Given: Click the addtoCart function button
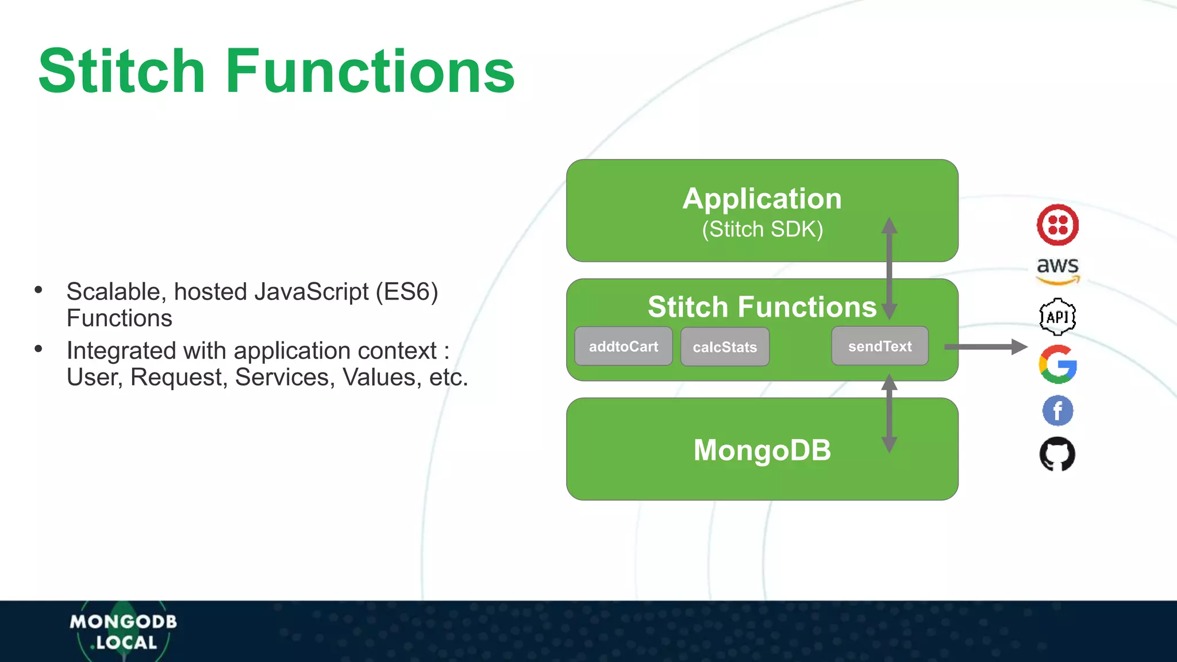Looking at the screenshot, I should coord(624,347).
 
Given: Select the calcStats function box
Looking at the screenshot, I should coord(725,347).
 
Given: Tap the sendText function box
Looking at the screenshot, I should coord(880,346).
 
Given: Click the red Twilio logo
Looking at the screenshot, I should coord(1057,225).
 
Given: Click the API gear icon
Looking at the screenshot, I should coord(1057,317).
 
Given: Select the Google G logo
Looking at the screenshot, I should coord(1057,364).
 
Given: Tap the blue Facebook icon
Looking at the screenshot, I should coord(1057,411).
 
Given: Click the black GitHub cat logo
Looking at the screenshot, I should coord(1057,454).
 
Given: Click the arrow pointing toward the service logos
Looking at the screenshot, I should coord(985,347).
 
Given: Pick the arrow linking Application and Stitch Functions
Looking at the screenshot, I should coord(889,268).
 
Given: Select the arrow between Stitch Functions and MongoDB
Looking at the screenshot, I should coord(889,414).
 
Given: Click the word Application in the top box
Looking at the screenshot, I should coord(762,199).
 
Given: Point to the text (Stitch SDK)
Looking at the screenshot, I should coord(762,229).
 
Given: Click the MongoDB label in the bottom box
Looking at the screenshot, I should coord(762,450).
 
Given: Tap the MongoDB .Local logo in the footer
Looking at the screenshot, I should coord(123,632).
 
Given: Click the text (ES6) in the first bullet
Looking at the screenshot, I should coord(407,292).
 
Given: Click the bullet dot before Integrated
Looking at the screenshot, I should coord(39,349).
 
